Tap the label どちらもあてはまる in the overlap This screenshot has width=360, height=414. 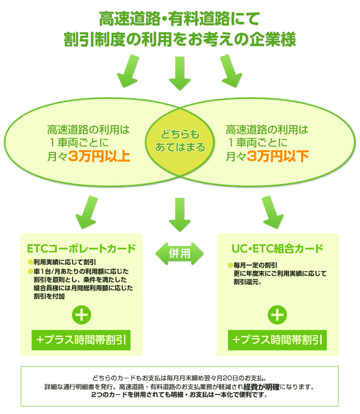[x=180, y=140]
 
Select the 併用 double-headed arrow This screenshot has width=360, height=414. [x=180, y=253]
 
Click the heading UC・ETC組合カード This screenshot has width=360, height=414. [x=278, y=248]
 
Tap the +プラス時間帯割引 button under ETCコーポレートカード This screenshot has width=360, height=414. [x=81, y=339]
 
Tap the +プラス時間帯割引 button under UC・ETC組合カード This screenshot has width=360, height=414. [x=278, y=339]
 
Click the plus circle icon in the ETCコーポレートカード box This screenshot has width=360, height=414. [x=82, y=315]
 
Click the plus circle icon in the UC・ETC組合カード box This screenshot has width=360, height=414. [x=278, y=315]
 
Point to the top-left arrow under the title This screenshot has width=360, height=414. [x=128, y=70]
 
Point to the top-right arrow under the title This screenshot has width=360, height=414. [x=231, y=70]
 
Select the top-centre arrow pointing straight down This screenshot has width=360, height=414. [x=180, y=72]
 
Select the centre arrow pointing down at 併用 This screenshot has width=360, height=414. [x=180, y=213]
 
